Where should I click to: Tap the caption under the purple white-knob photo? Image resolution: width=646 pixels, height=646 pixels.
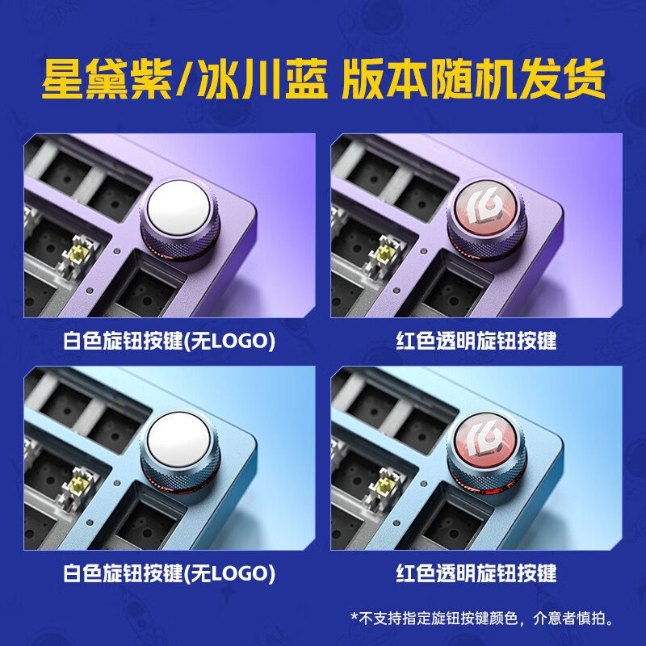point(170,341)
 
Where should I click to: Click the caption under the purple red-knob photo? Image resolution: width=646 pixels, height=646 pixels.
point(476,341)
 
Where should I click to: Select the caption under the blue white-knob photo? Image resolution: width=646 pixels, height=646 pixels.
point(170,574)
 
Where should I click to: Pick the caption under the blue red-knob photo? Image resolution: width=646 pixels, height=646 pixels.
point(476,574)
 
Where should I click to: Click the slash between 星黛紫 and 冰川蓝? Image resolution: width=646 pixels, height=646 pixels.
point(184,78)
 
